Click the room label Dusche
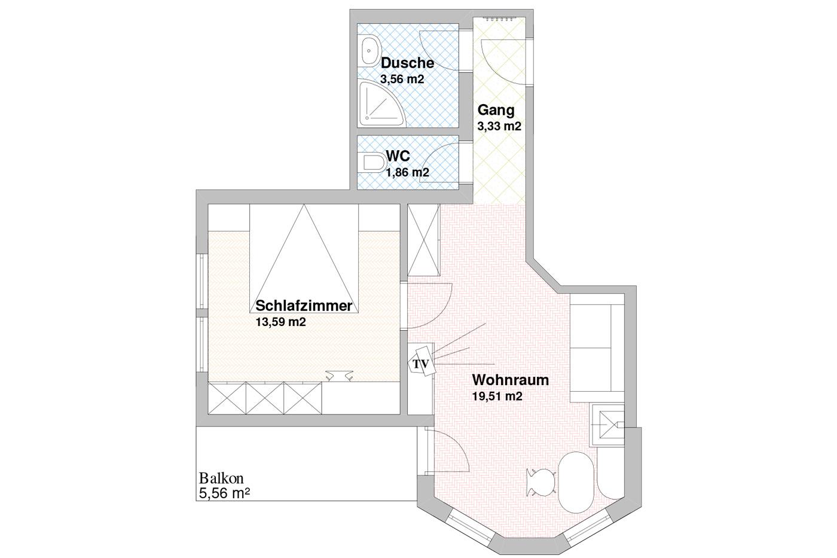click(407, 63)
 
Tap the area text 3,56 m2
click(402, 79)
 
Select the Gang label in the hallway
click(496, 110)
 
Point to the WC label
click(398, 156)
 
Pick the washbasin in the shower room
click(370, 51)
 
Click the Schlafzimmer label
click(304, 306)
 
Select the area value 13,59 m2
click(280, 322)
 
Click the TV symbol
click(422, 362)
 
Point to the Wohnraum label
click(511, 380)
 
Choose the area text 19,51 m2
click(497, 396)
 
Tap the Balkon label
click(221, 478)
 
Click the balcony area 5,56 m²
click(224, 493)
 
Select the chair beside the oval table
click(540, 482)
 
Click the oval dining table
click(576, 482)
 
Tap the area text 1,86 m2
click(407, 172)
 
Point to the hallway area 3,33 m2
click(499, 126)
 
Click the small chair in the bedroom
click(339, 376)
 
